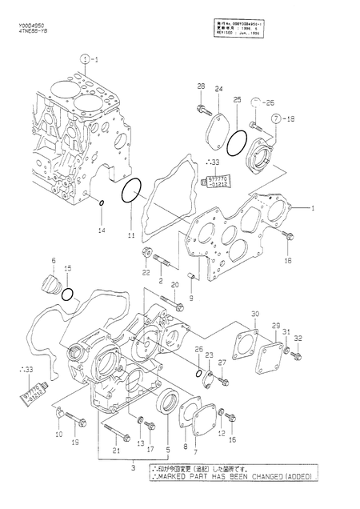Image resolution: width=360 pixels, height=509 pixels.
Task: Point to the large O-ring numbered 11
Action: point(133,192)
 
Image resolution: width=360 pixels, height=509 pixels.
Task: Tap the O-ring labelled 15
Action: point(70,295)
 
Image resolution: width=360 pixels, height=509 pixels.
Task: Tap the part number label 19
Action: point(76,442)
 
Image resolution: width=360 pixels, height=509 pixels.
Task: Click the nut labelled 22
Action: point(147,255)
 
